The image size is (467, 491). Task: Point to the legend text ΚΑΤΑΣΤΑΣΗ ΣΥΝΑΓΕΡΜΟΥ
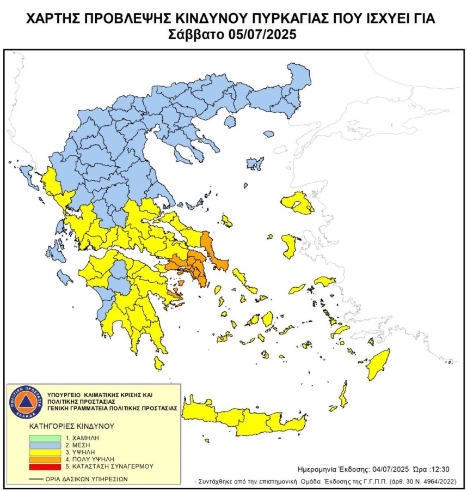coord(109,466)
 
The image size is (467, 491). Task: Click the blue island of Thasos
coord(268,134)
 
